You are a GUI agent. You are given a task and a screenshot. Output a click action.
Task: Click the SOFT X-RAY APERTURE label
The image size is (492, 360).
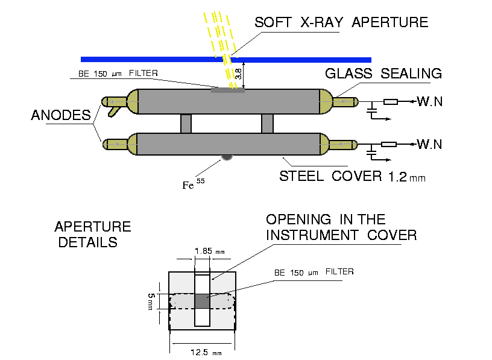point(341,23)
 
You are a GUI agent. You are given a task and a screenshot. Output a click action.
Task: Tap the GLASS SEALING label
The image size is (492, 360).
point(383,74)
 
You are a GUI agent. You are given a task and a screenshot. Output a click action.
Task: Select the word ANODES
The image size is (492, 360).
point(61,116)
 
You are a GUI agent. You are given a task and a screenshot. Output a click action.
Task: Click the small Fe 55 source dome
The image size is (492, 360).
point(227,157)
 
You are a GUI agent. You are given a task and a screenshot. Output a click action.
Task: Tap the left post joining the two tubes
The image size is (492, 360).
point(186,124)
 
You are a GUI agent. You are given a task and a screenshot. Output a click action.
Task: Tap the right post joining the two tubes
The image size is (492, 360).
point(268,124)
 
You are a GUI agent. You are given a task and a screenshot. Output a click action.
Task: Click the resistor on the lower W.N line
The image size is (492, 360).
point(391,144)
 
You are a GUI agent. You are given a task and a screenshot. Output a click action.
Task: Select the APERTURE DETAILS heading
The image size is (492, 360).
point(92,235)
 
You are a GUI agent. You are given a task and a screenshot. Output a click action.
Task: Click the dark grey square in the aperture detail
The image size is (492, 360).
point(203,300)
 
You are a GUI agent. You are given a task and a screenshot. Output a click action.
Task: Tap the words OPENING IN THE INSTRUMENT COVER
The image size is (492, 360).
point(341,227)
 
